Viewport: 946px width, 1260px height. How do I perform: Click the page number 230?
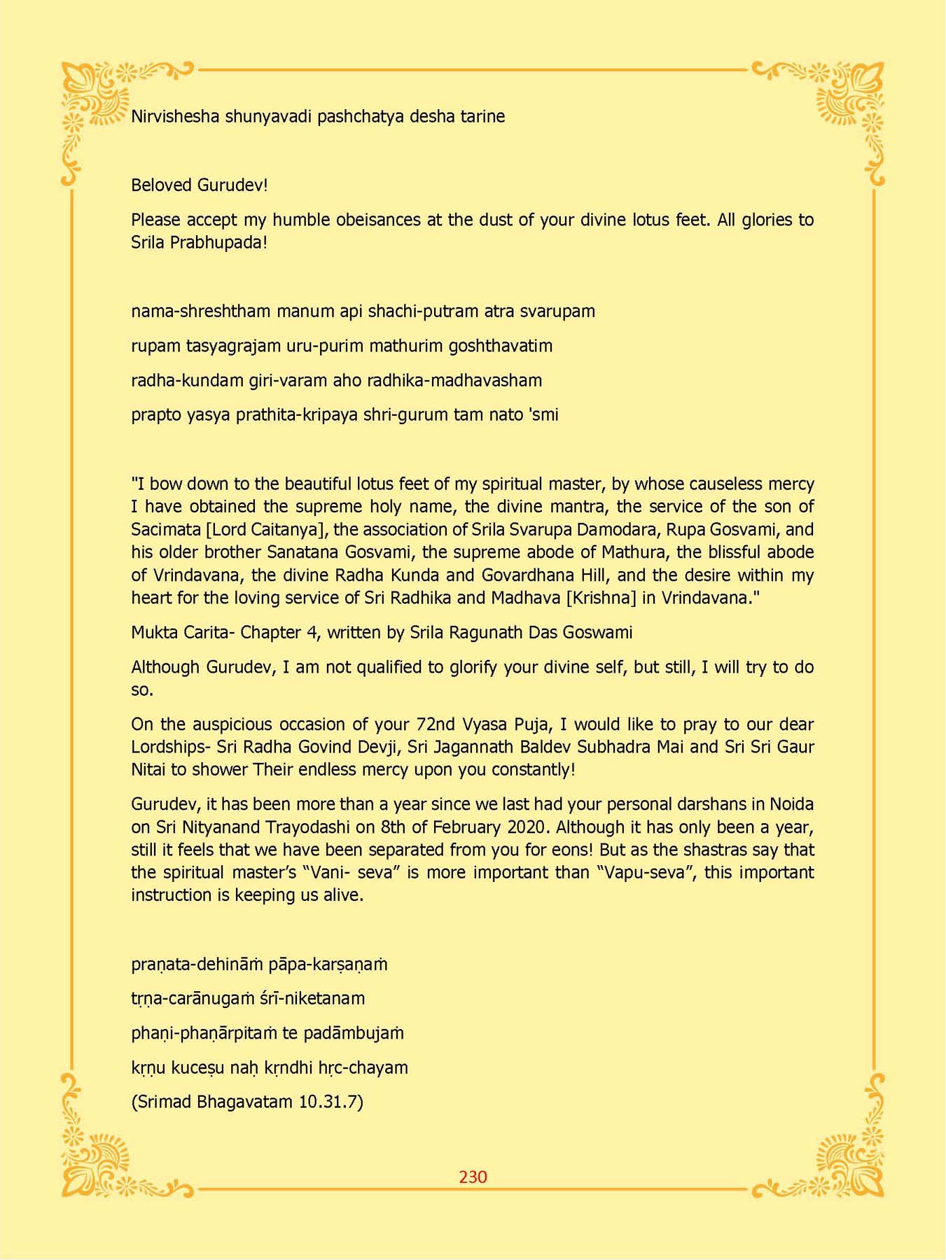[473, 1177]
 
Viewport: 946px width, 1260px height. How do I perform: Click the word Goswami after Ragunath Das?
[598, 633]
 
